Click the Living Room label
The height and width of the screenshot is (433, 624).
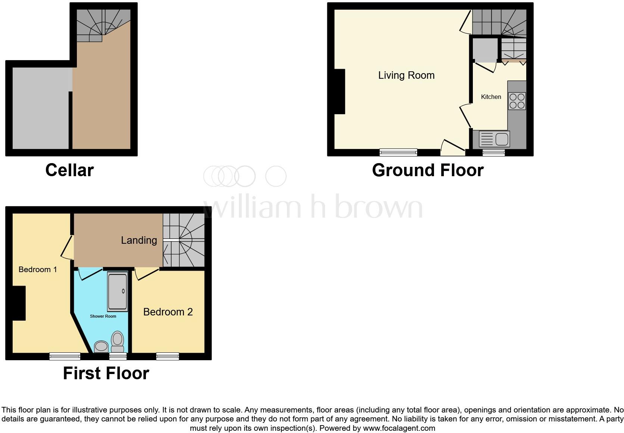click(x=406, y=75)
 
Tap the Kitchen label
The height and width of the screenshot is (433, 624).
click(x=491, y=97)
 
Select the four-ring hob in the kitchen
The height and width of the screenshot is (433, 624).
click(x=517, y=101)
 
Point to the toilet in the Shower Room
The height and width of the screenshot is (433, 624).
click(x=118, y=342)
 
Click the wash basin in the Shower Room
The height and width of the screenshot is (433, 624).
click(x=101, y=346)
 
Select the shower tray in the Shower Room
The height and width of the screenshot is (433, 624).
click(x=118, y=292)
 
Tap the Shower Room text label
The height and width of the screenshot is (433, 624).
click(x=103, y=316)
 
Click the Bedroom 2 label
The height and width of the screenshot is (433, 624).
click(x=168, y=312)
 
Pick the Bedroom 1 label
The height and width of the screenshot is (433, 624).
click(x=38, y=270)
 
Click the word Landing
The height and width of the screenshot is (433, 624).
click(x=139, y=240)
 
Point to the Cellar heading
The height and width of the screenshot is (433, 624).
click(x=69, y=170)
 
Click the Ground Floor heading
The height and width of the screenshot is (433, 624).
click(x=428, y=170)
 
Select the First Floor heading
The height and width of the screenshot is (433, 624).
click(x=106, y=373)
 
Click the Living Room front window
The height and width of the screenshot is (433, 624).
click(x=398, y=152)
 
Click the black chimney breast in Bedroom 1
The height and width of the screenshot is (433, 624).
click(x=19, y=303)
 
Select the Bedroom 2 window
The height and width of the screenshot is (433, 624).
click(x=168, y=356)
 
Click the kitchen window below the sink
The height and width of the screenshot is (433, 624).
click(x=493, y=152)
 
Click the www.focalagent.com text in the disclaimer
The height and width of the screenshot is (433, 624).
click(x=399, y=428)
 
